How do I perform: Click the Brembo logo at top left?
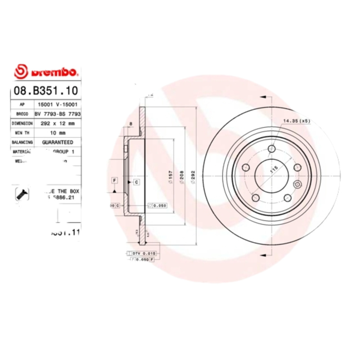[x=47, y=72]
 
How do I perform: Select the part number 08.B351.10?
[x=46, y=90]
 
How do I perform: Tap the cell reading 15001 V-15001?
[x=57, y=104]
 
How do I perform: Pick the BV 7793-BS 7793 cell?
[x=57, y=114]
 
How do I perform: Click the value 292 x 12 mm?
[x=57, y=123]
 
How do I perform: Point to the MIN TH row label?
[x=22, y=133]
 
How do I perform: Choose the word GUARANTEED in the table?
[x=57, y=142]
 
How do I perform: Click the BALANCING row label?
[x=22, y=142]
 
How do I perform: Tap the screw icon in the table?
[x=22, y=193]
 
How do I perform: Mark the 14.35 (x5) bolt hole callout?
[x=297, y=121]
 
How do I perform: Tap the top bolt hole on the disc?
[x=272, y=149]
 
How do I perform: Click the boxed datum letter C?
[x=136, y=182]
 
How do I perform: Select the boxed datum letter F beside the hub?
[x=115, y=180]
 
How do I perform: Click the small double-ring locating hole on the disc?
[x=297, y=184]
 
